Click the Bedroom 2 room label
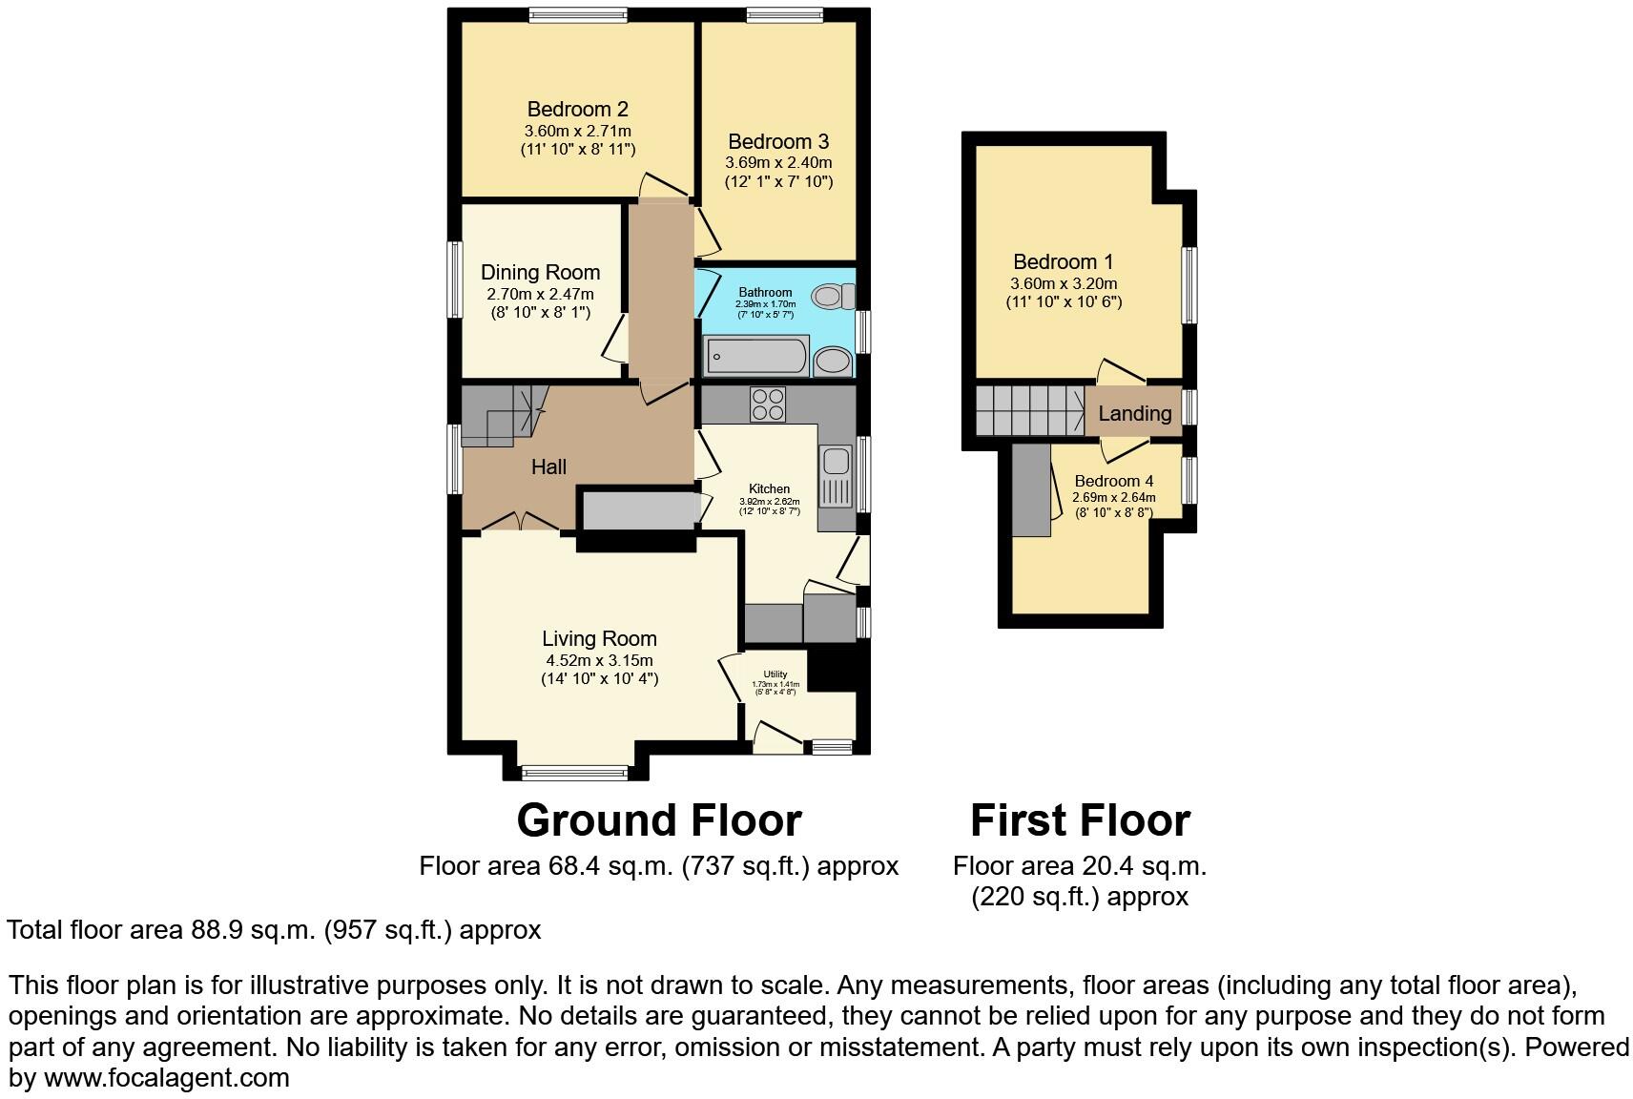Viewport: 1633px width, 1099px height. [x=577, y=109]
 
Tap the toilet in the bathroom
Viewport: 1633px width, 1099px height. [x=831, y=296]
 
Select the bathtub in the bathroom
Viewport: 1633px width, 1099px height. [x=756, y=358]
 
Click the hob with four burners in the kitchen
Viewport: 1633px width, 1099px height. [x=768, y=404]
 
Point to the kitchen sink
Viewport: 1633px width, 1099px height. [x=837, y=462]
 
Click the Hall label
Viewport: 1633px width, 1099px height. [x=548, y=467]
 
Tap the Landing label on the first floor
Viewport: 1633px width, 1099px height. [x=1134, y=413]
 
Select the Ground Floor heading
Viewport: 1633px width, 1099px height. [x=658, y=820]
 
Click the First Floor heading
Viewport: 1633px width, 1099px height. [x=1080, y=820]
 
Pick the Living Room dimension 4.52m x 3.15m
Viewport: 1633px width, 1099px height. [x=599, y=660]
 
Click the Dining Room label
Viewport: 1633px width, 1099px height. [x=540, y=272]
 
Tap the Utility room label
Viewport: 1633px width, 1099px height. [x=775, y=674]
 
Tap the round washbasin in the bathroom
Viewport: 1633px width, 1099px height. [x=834, y=363]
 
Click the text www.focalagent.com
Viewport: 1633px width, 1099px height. [x=166, y=1079]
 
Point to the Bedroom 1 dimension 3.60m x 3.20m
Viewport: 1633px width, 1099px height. [x=1064, y=283]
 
